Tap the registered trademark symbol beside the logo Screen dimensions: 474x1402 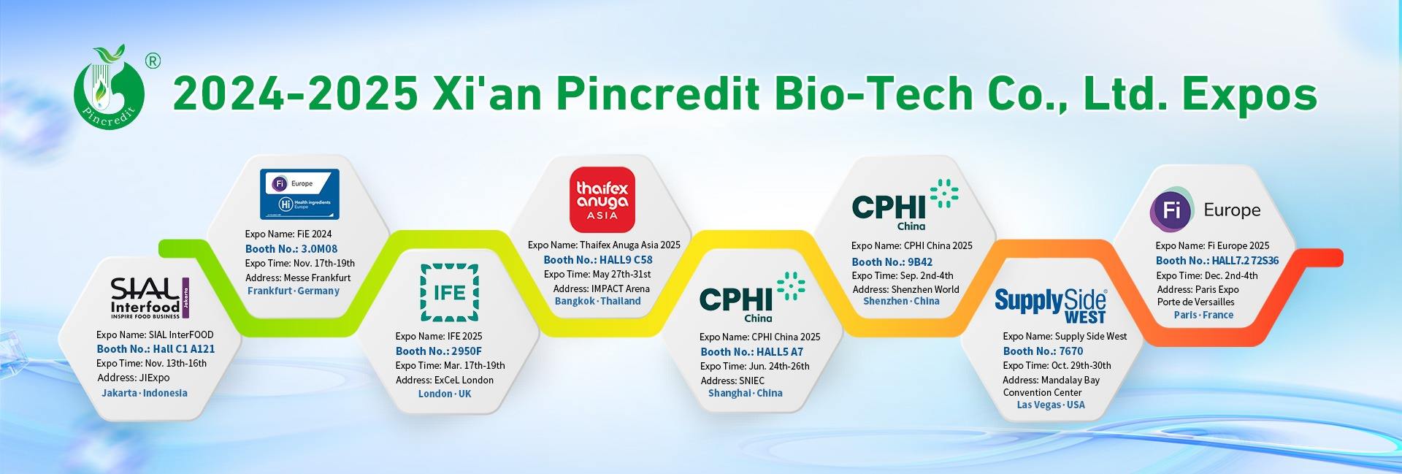(153, 61)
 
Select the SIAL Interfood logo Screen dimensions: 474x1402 (150, 298)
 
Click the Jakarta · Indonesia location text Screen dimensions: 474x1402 (145, 393)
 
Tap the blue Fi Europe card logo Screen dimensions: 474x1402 (300, 194)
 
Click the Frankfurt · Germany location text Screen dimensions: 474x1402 (294, 291)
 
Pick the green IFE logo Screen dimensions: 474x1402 (449, 293)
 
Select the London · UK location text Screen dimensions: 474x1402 (445, 394)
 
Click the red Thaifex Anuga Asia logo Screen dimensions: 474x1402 (602, 199)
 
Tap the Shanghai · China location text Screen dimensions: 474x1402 (745, 393)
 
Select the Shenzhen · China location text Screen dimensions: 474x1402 (901, 301)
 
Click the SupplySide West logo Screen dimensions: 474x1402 (1051, 304)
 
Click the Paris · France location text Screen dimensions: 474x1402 (1203, 315)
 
